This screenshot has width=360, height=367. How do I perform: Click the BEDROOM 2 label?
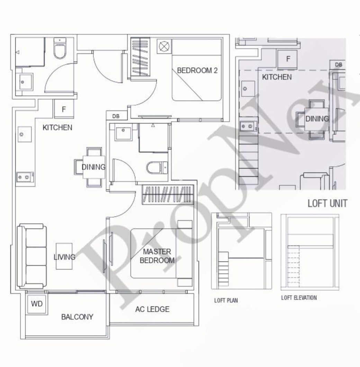197,70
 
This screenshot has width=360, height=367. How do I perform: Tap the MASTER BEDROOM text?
157,256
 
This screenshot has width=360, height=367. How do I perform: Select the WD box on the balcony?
37,304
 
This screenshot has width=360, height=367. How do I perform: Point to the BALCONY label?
77,317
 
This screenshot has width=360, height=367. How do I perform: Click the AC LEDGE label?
152,309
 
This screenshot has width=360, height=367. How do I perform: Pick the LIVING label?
65,257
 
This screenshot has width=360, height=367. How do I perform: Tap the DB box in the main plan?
116,116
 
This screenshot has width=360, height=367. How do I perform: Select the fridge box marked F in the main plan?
64,109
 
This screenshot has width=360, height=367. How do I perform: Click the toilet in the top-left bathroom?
60,48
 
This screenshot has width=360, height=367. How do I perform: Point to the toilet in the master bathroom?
157,168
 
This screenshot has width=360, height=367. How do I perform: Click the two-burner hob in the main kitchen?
25,177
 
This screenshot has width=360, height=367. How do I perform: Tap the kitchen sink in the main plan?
25,134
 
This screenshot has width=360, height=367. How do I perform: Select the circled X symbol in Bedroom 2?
164,46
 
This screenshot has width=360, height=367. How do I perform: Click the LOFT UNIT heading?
327,203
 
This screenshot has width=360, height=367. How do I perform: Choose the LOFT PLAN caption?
226,300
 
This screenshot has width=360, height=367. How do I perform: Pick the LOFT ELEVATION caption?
299,298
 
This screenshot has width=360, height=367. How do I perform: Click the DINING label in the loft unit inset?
317,119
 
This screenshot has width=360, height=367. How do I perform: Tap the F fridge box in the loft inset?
287,60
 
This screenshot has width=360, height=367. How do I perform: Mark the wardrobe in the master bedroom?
168,195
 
